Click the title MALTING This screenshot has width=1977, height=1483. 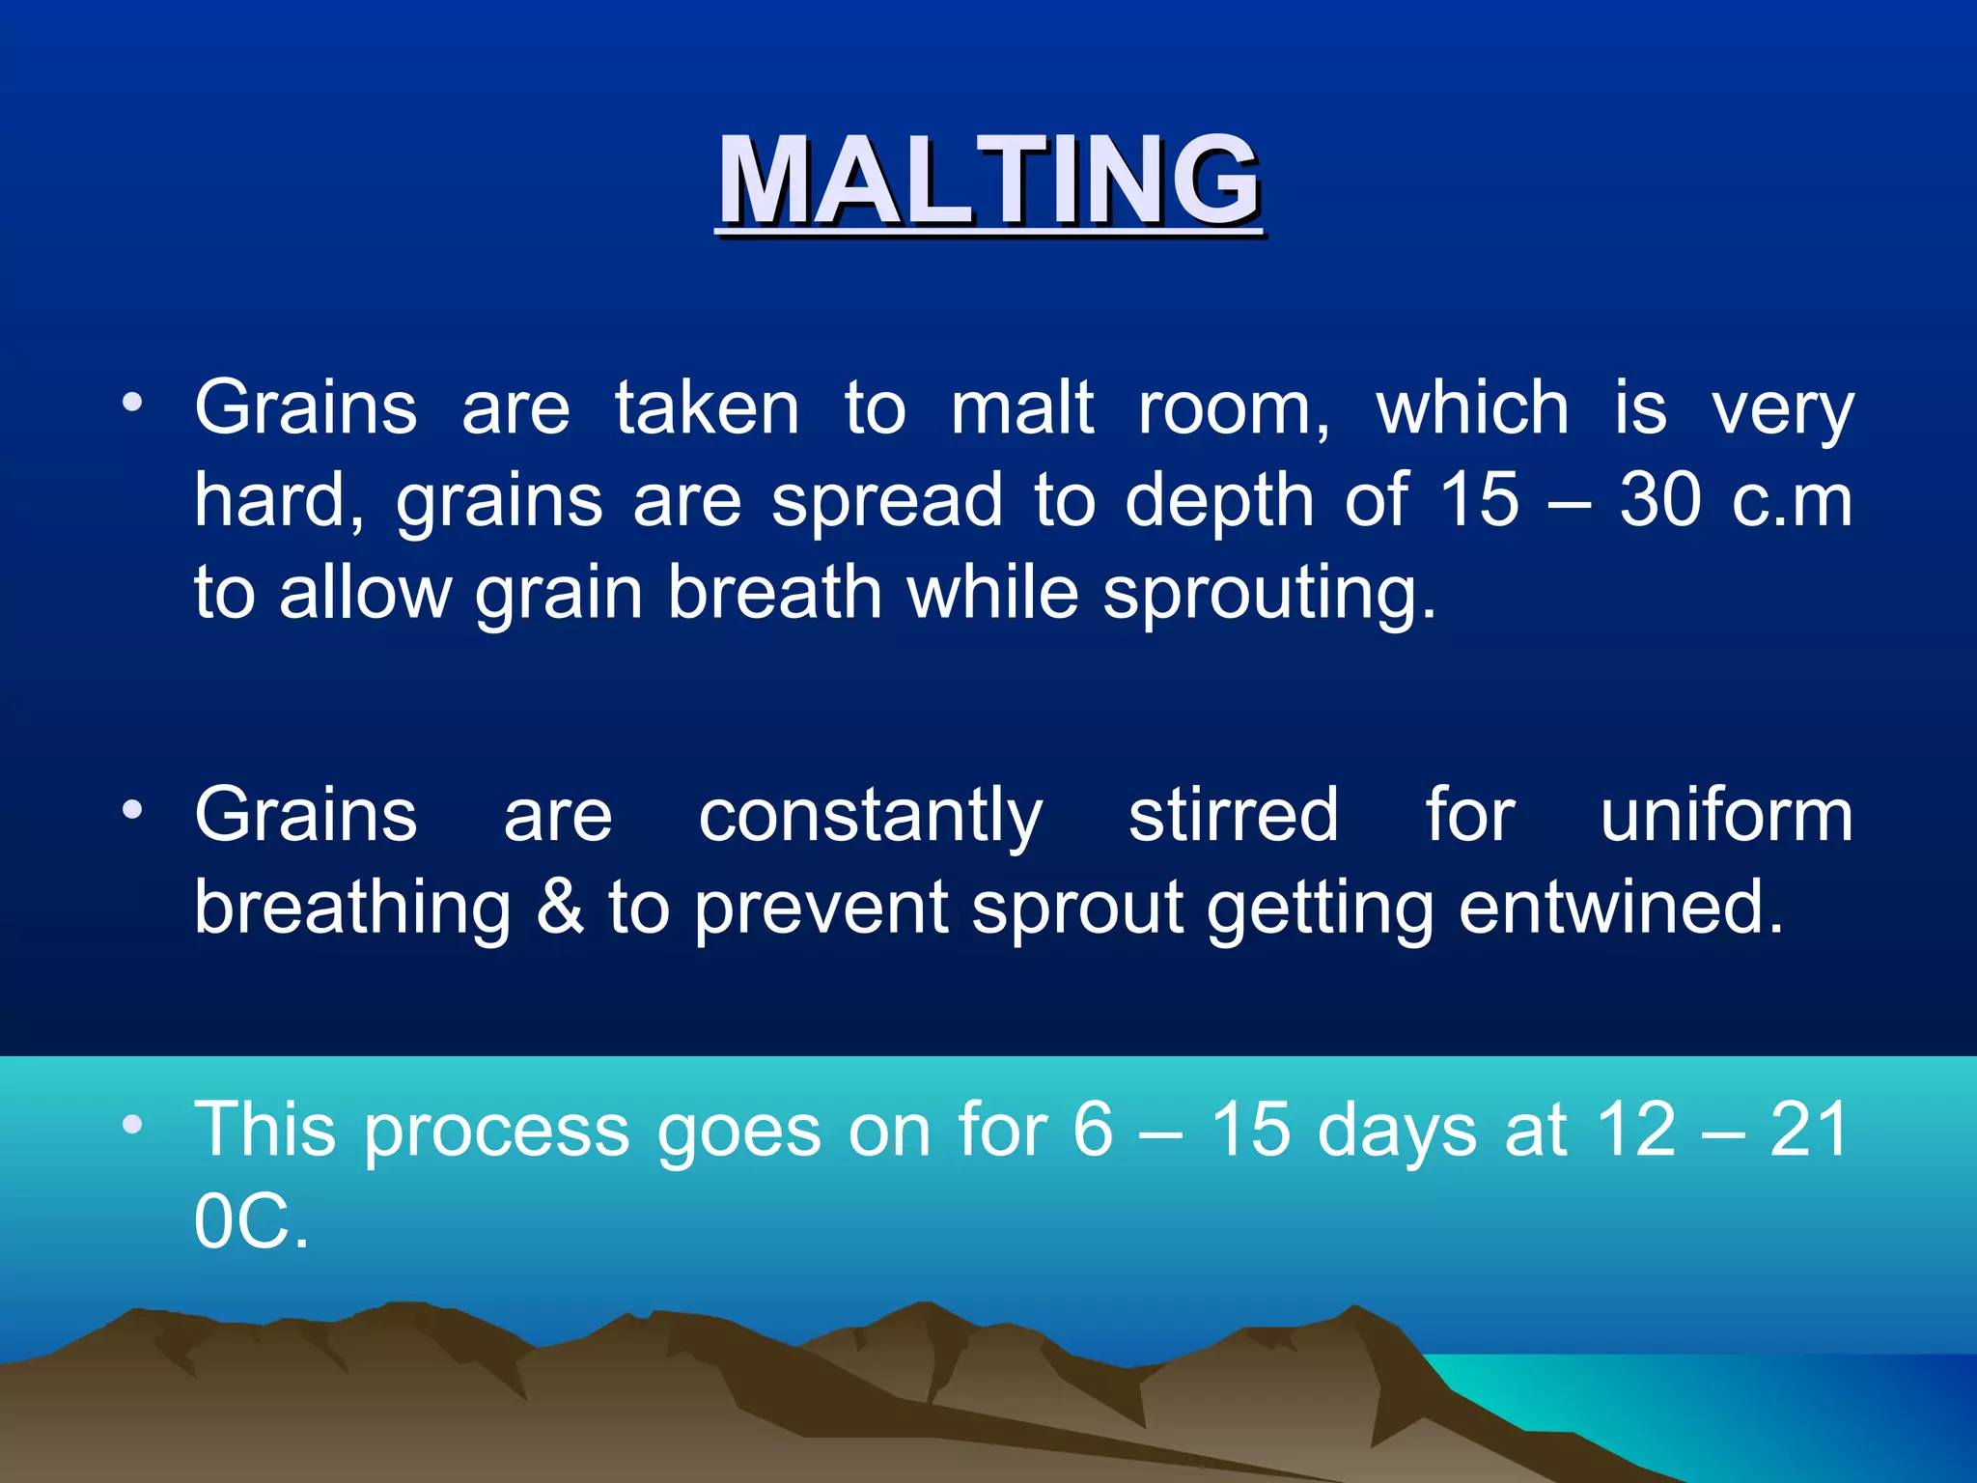(988, 181)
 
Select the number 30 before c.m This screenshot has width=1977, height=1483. (1659, 501)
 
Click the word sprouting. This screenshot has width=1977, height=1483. (1268, 593)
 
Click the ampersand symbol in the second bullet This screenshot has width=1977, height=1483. (560, 908)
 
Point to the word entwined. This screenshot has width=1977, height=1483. (1620, 908)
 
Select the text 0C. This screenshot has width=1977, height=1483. (251, 1221)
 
